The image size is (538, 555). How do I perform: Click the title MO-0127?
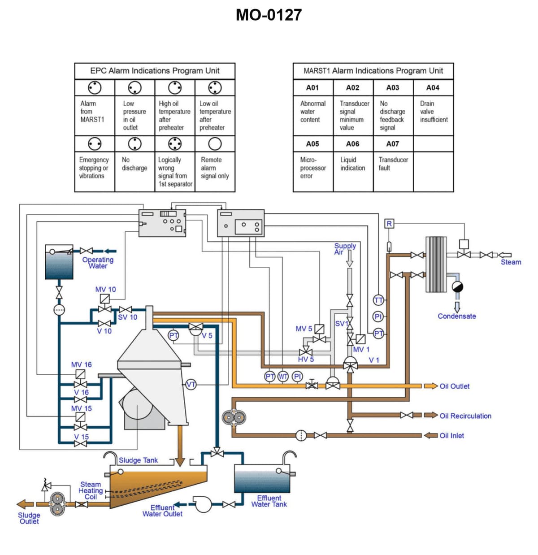click(269, 15)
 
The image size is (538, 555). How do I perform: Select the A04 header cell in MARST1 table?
click(433, 87)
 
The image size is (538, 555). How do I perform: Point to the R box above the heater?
click(389, 224)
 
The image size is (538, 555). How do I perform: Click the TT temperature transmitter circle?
click(378, 300)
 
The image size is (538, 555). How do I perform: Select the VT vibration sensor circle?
click(191, 385)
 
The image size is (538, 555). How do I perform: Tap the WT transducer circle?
click(283, 377)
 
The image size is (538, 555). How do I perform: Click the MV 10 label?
click(105, 289)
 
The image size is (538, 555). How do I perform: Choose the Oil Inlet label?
click(451, 435)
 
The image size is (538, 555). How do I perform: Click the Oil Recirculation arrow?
click(431, 415)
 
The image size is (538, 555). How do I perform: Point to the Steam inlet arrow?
click(504, 255)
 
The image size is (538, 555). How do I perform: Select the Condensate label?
click(457, 316)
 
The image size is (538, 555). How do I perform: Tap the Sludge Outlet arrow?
click(25, 504)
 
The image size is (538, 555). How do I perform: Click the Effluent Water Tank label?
click(269, 501)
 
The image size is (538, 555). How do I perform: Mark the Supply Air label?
click(345, 249)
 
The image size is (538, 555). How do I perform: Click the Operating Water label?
click(98, 263)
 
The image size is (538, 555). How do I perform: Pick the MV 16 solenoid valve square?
click(80, 374)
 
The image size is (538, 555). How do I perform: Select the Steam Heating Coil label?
click(91, 490)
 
